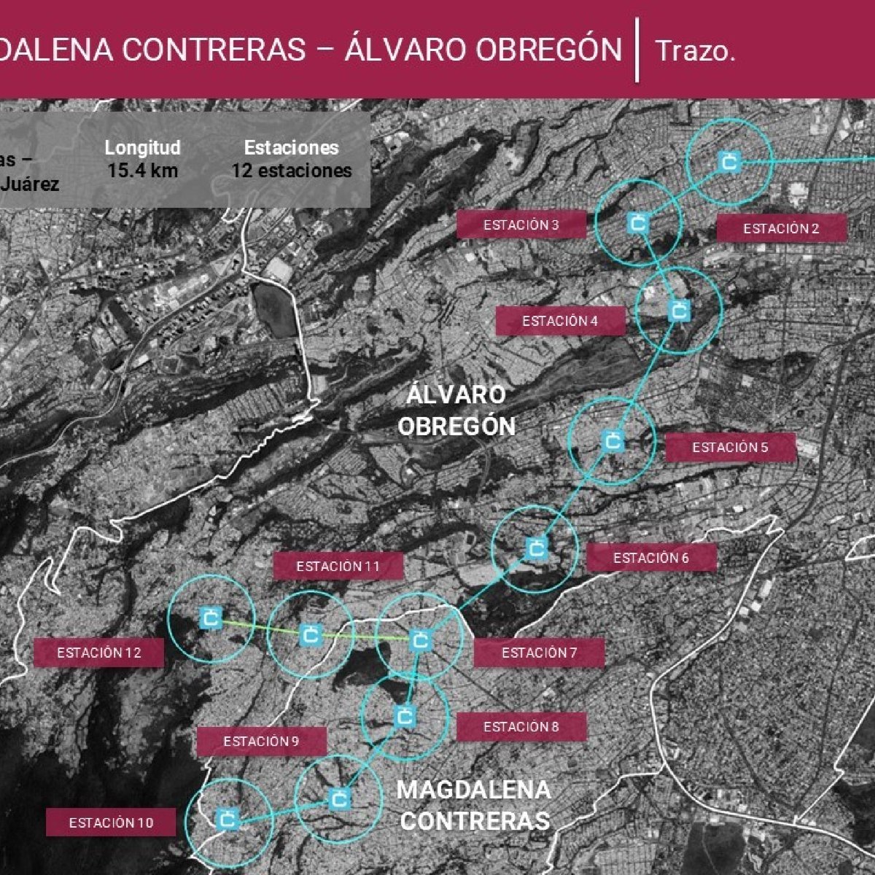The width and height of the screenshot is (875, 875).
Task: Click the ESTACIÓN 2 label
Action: [781, 229]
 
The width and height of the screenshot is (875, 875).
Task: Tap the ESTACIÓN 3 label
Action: [521, 225]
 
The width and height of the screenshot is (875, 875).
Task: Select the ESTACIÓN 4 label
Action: [560, 321]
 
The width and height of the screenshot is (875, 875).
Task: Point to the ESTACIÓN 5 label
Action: [730, 448]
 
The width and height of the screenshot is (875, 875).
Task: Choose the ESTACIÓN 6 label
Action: [651, 559]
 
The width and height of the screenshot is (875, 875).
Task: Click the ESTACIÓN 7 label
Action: [539, 653]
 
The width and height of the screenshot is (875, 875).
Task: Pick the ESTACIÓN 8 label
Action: [521, 727]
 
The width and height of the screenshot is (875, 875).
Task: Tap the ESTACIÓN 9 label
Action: [261, 742]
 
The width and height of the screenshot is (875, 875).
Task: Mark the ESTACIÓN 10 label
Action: [111, 823]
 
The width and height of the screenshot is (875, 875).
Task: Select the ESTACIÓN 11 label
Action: [338, 567]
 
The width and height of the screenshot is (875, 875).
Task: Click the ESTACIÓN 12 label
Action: [99, 653]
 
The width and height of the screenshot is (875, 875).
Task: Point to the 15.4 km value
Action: [142, 171]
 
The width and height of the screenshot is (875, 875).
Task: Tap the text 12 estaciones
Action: [292, 171]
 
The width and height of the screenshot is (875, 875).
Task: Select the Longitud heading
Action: [142, 148]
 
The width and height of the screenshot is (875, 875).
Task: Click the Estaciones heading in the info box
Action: [292, 148]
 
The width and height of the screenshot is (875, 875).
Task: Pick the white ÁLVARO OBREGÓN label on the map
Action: [456, 411]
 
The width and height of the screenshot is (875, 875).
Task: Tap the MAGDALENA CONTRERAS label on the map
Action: [475, 805]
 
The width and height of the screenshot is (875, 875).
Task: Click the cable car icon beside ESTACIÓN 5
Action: [612, 441]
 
